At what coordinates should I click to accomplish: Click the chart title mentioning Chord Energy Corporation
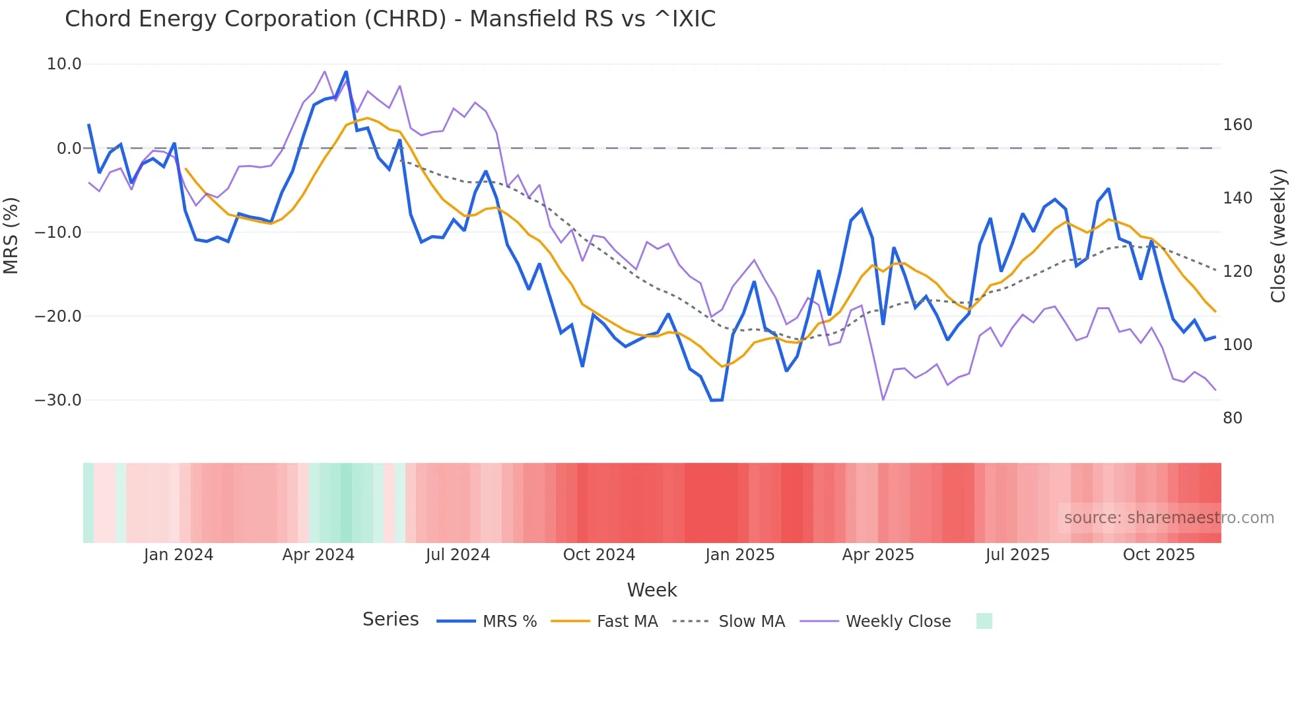(x=390, y=19)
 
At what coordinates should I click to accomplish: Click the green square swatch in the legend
(x=984, y=621)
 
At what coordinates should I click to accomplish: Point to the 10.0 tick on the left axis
(x=64, y=64)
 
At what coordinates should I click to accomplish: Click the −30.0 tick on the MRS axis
(x=58, y=400)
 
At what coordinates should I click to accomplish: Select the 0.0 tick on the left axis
(x=69, y=149)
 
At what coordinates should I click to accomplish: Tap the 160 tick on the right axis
(x=1237, y=125)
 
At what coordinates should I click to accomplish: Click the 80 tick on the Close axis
(x=1233, y=418)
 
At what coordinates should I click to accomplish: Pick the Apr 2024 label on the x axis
(x=318, y=555)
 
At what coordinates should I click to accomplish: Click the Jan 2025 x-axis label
(x=739, y=555)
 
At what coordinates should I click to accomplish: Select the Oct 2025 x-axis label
(x=1159, y=555)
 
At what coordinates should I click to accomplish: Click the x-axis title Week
(x=652, y=590)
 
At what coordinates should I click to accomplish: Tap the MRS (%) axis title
(x=11, y=235)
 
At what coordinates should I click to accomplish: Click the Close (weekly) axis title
(x=1278, y=235)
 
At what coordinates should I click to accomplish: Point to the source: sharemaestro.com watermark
(x=1169, y=518)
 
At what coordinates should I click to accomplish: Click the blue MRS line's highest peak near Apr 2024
(x=346, y=72)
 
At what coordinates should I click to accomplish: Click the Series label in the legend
(x=390, y=620)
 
